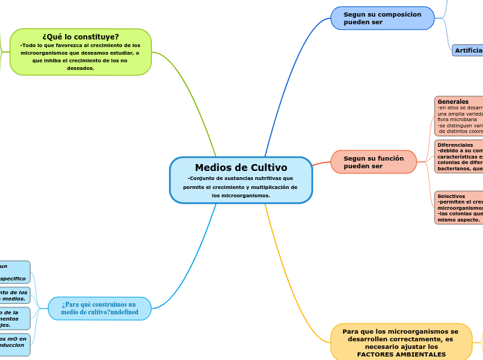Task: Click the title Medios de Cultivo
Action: pyautogui.click(x=240, y=168)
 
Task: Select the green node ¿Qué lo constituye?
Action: pyautogui.click(x=80, y=37)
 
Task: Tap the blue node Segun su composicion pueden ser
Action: pyautogui.click(x=382, y=18)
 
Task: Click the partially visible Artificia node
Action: pyautogui.click(x=468, y=51)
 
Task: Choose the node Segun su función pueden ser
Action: pyautogui.click(x=374, y=162)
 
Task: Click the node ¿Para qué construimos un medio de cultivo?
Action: pyautogui.click(x=99, y=308)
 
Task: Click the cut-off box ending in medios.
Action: pyautogui.click(x=14, y=296)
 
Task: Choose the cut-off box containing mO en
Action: pyautogui.click(x=14, y=343)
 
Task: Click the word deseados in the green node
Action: pyautogui.click(x=80, y=68)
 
